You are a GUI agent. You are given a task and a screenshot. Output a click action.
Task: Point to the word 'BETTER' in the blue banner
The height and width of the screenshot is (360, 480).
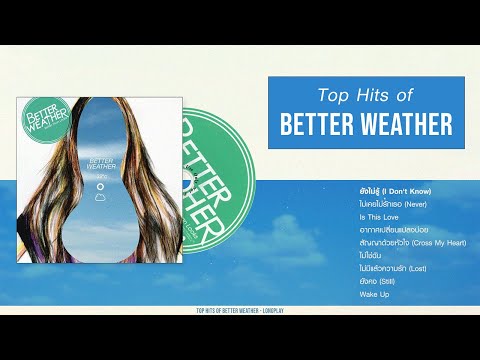pyautogui.click(x=319, y=124)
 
